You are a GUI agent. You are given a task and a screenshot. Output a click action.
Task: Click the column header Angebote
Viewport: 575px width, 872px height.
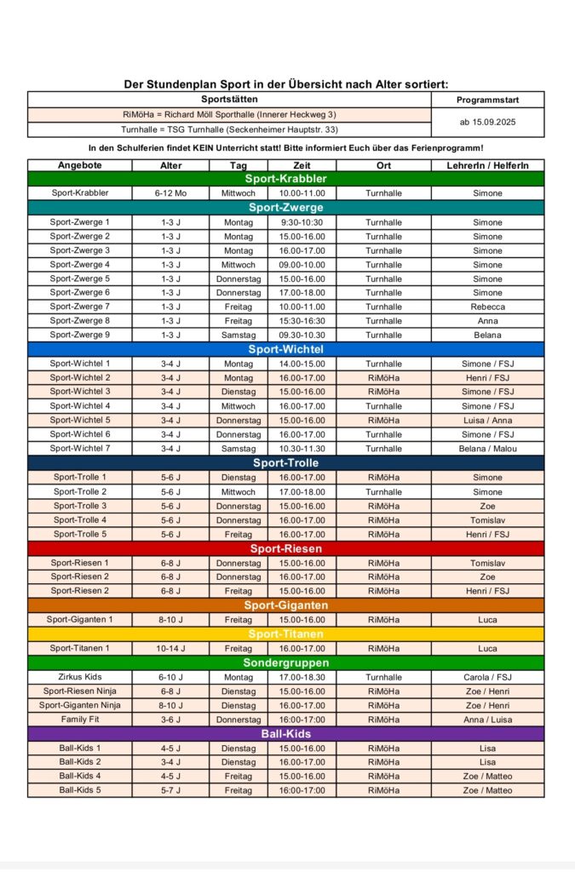(x=80, y=165)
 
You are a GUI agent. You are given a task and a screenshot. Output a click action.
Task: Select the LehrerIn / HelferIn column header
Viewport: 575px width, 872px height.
(x=487, y=165)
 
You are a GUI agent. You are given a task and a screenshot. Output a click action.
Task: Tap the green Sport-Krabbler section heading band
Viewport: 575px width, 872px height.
(x=285, y=179)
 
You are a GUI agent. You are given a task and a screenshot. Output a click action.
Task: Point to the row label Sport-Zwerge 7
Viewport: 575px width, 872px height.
(x=80, y=307)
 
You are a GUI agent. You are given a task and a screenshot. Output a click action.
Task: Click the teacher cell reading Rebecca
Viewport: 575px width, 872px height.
(x=487, y=307)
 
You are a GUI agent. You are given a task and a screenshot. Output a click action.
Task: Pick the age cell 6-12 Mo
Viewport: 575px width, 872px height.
(x=170, y=193)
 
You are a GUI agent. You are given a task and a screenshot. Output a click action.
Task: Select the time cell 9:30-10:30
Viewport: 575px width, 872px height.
(x=302, y=222)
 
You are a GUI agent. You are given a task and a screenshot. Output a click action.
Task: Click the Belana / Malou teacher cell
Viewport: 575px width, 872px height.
(x=487, y=449)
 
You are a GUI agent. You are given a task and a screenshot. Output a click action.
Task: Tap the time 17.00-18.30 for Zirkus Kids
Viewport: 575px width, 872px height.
(x=302, y=677)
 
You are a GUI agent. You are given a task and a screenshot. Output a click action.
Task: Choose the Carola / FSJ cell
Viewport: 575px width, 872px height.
(x=487, y=677)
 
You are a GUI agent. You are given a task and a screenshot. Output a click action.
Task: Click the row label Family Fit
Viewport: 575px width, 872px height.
(x=80, y=720)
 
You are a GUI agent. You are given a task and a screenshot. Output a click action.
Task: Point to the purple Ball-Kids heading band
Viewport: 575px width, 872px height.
(x=285, y=734)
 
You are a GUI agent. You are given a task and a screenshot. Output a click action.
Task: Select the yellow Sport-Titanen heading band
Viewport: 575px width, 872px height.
(x=285, y=634)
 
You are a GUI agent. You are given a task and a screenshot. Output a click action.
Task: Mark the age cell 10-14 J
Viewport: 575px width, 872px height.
(x=170, y=648)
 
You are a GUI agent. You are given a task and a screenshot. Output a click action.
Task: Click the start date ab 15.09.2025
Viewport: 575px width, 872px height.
(x=487, y=122)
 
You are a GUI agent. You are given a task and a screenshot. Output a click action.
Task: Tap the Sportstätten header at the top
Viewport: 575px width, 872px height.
(x=228, y=100)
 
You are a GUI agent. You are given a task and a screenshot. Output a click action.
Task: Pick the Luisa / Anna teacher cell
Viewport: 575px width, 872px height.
(x=487, y=420)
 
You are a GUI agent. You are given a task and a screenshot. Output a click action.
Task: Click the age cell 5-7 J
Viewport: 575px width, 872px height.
(x=170, y=790)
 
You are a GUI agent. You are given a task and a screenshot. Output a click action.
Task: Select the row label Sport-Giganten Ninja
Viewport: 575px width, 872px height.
(x=80, y=705)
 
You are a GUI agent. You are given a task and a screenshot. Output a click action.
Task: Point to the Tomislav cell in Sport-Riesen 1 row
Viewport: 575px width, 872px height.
(x=487, y=563)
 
